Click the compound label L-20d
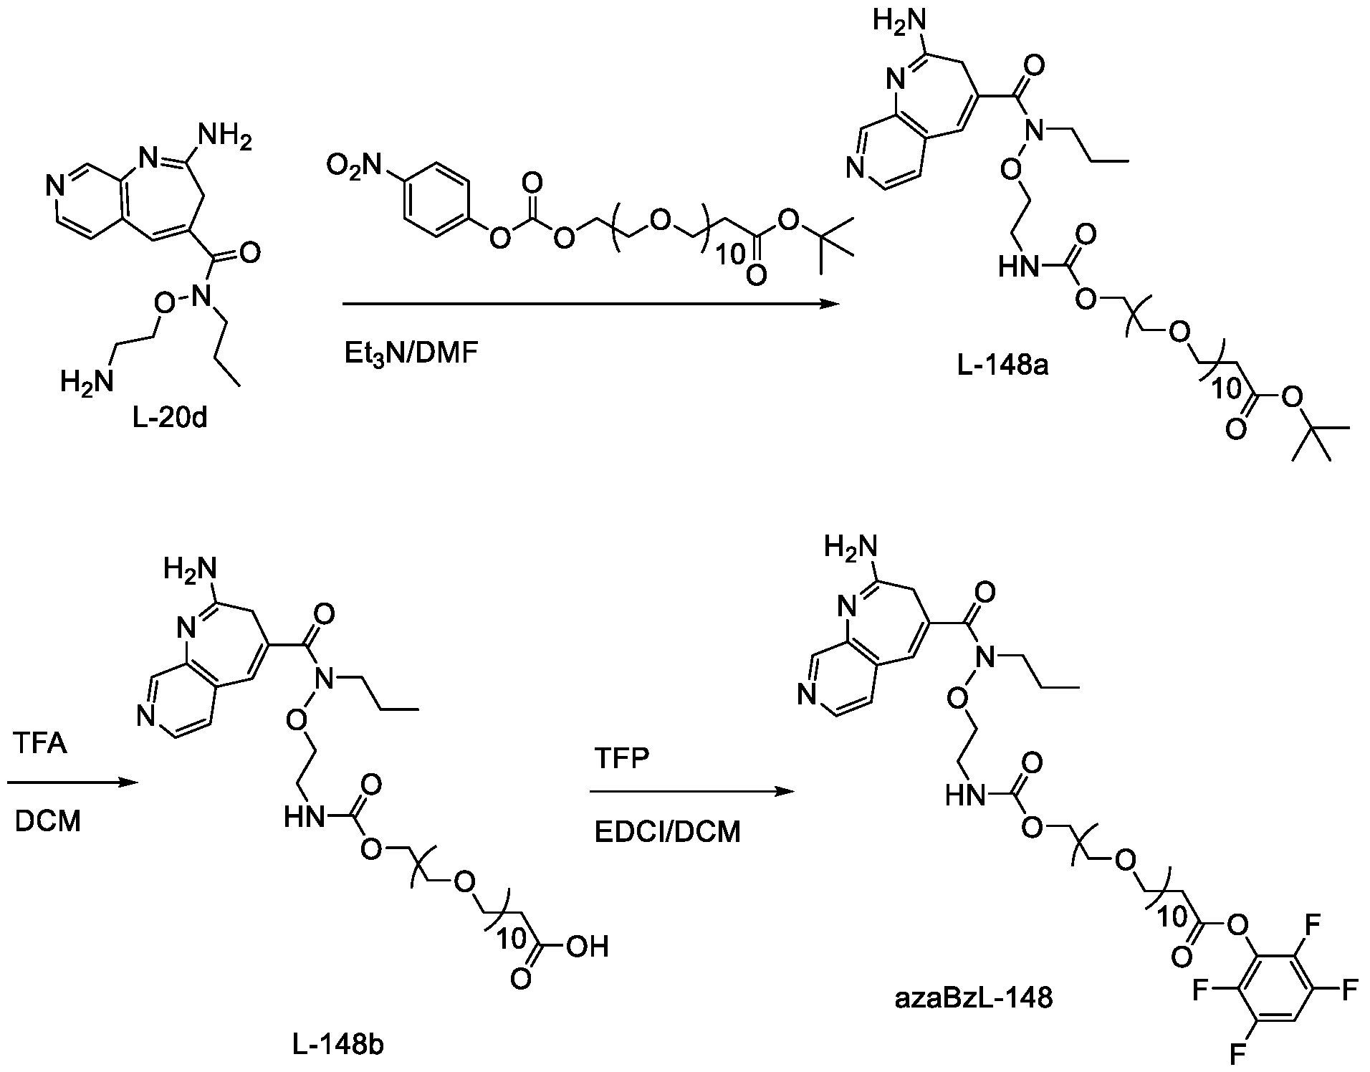171,417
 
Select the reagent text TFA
40,744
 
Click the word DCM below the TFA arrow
47,822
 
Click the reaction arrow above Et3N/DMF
590,305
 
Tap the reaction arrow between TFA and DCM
72,783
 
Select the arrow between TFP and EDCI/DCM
691,792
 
